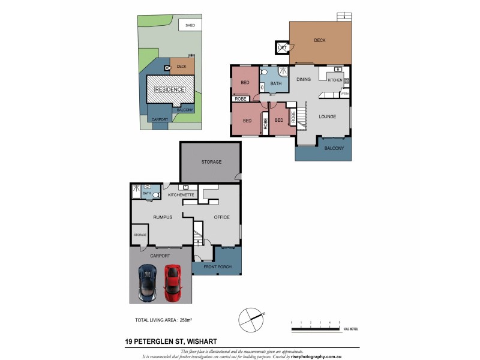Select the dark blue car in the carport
(x=148, y=283)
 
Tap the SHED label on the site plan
(x=190, y=26)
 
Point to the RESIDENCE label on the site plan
(x=170, y=90)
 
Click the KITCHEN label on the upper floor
(x=335, y=80)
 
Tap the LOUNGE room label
(x=327, y=116)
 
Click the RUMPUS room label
(x=163, y=217)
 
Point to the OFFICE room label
(x=221, y=217)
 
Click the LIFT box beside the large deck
(x=281, y=47)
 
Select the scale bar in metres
(x=316, y=325)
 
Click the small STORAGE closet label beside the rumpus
(x=140, y=235)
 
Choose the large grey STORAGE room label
(x=211, y=162)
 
